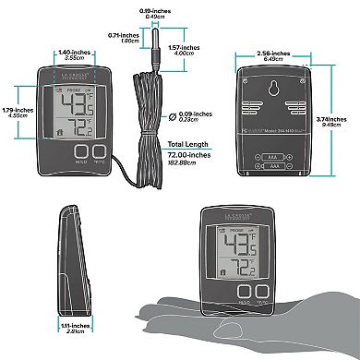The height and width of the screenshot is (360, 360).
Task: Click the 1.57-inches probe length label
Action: click(189, 50)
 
